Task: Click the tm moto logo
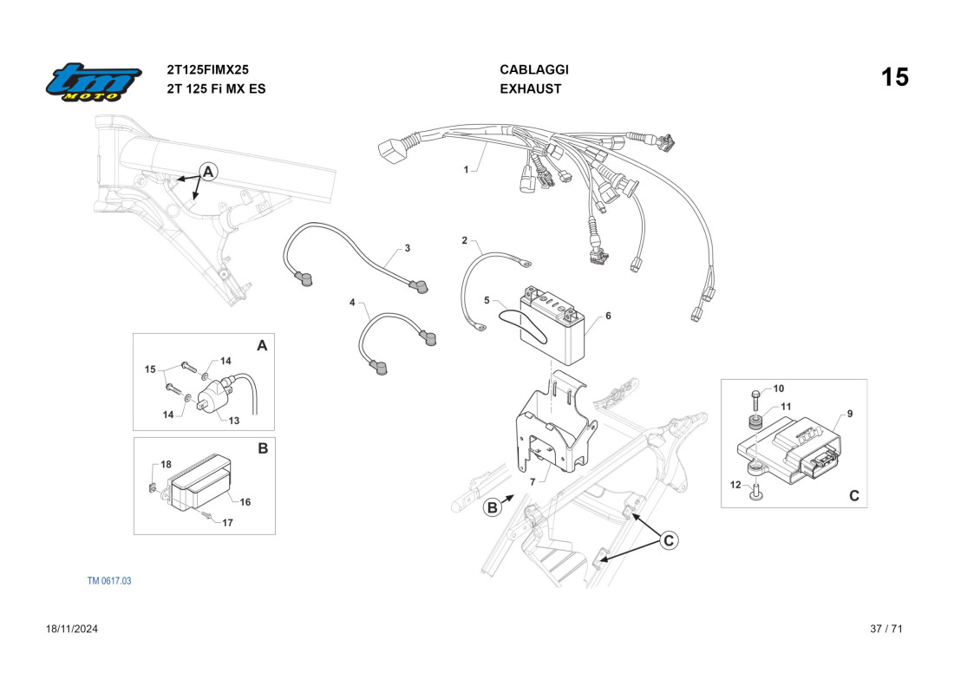94,82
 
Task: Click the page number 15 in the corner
895,77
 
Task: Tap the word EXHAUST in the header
531,88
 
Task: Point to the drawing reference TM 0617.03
109,580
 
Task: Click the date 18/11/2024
72,629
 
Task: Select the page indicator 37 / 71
886,629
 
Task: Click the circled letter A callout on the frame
207,172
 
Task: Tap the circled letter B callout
493,508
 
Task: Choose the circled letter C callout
668,540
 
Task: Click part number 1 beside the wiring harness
466,170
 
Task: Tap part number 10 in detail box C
778,389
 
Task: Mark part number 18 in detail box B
166,465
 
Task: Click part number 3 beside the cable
408,249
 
